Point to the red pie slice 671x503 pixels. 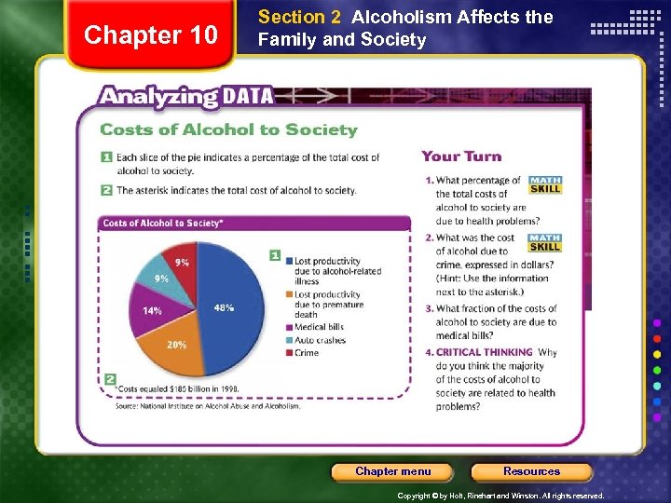click(183, 265)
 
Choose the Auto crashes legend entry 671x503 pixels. click(319, 340)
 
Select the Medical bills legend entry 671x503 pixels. click(319, 327)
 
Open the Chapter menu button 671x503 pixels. click(392, 471)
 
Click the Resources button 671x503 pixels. click(531, 471)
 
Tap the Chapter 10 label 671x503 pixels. click(150, 35)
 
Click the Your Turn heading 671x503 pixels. click(461, 156)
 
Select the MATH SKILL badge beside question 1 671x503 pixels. click(544, 184)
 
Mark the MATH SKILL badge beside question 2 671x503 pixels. click(544, 242)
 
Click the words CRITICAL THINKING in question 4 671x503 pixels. click(484, 352)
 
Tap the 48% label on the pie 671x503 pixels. click(224, 307)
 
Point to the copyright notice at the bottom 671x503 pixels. click(500, 496)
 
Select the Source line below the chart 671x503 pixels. click(208, 406)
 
